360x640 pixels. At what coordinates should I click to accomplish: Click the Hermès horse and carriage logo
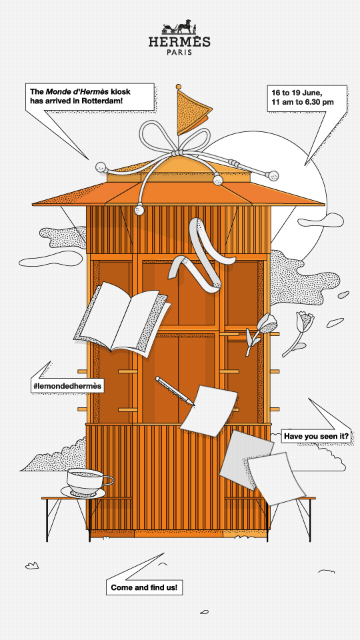(x=179, y=27)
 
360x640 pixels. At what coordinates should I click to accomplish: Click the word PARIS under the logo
(x=179, y=52)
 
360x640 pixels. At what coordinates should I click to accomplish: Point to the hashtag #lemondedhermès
(x=67, y=385)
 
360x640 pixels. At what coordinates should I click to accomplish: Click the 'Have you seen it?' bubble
(x=316, y=436)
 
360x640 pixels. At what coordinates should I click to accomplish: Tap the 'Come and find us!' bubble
(x=144, y=588)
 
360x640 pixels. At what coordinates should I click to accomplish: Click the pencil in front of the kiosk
(x=175, y=391)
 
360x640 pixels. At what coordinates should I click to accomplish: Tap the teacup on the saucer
(x=89, y=481)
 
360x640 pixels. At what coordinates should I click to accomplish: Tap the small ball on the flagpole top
(x=179, y=87)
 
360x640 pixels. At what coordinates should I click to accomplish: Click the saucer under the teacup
(x=83, y=492)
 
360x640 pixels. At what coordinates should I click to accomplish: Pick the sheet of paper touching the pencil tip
(x=209, y=410)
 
